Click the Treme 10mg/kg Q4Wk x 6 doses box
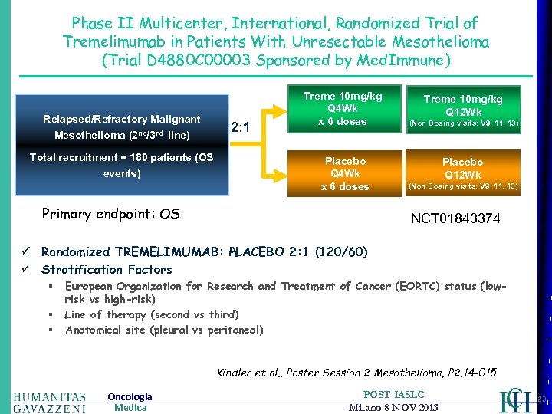[341, 109]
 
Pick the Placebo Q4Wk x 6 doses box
[345, 174]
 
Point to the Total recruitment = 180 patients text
[122, 165]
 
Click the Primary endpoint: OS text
[110, 214]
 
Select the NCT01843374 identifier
[455, 219]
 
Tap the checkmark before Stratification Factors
[26, 269]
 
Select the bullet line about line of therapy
[152, 314]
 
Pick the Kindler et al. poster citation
[356, 373]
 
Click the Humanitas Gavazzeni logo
[49, 402]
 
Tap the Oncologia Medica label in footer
[130, 402]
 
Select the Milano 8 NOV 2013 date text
[392, 407]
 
